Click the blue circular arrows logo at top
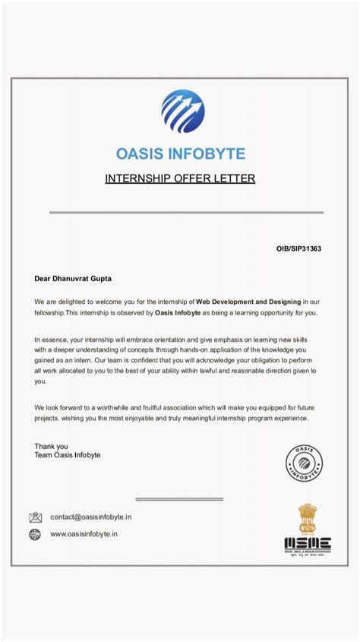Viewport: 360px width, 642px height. click(182, 111)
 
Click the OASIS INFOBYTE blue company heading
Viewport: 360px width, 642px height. click(181, 153)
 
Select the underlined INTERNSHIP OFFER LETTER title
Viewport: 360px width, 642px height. click(179, 179)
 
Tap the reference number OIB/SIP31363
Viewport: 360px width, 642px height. click(298, 248)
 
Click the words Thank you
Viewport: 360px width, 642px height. click(51, 446)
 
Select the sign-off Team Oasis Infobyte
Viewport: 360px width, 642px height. click(67, 455)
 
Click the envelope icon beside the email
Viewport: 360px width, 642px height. click(36, 517)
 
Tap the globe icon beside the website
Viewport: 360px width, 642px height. click(36, 534)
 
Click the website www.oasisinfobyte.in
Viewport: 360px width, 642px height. click(84, 534)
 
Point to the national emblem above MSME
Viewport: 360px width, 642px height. click(307, 518)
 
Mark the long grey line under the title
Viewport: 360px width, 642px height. click(186, 212)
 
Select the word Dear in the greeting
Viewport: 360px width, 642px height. click(43, 279)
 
